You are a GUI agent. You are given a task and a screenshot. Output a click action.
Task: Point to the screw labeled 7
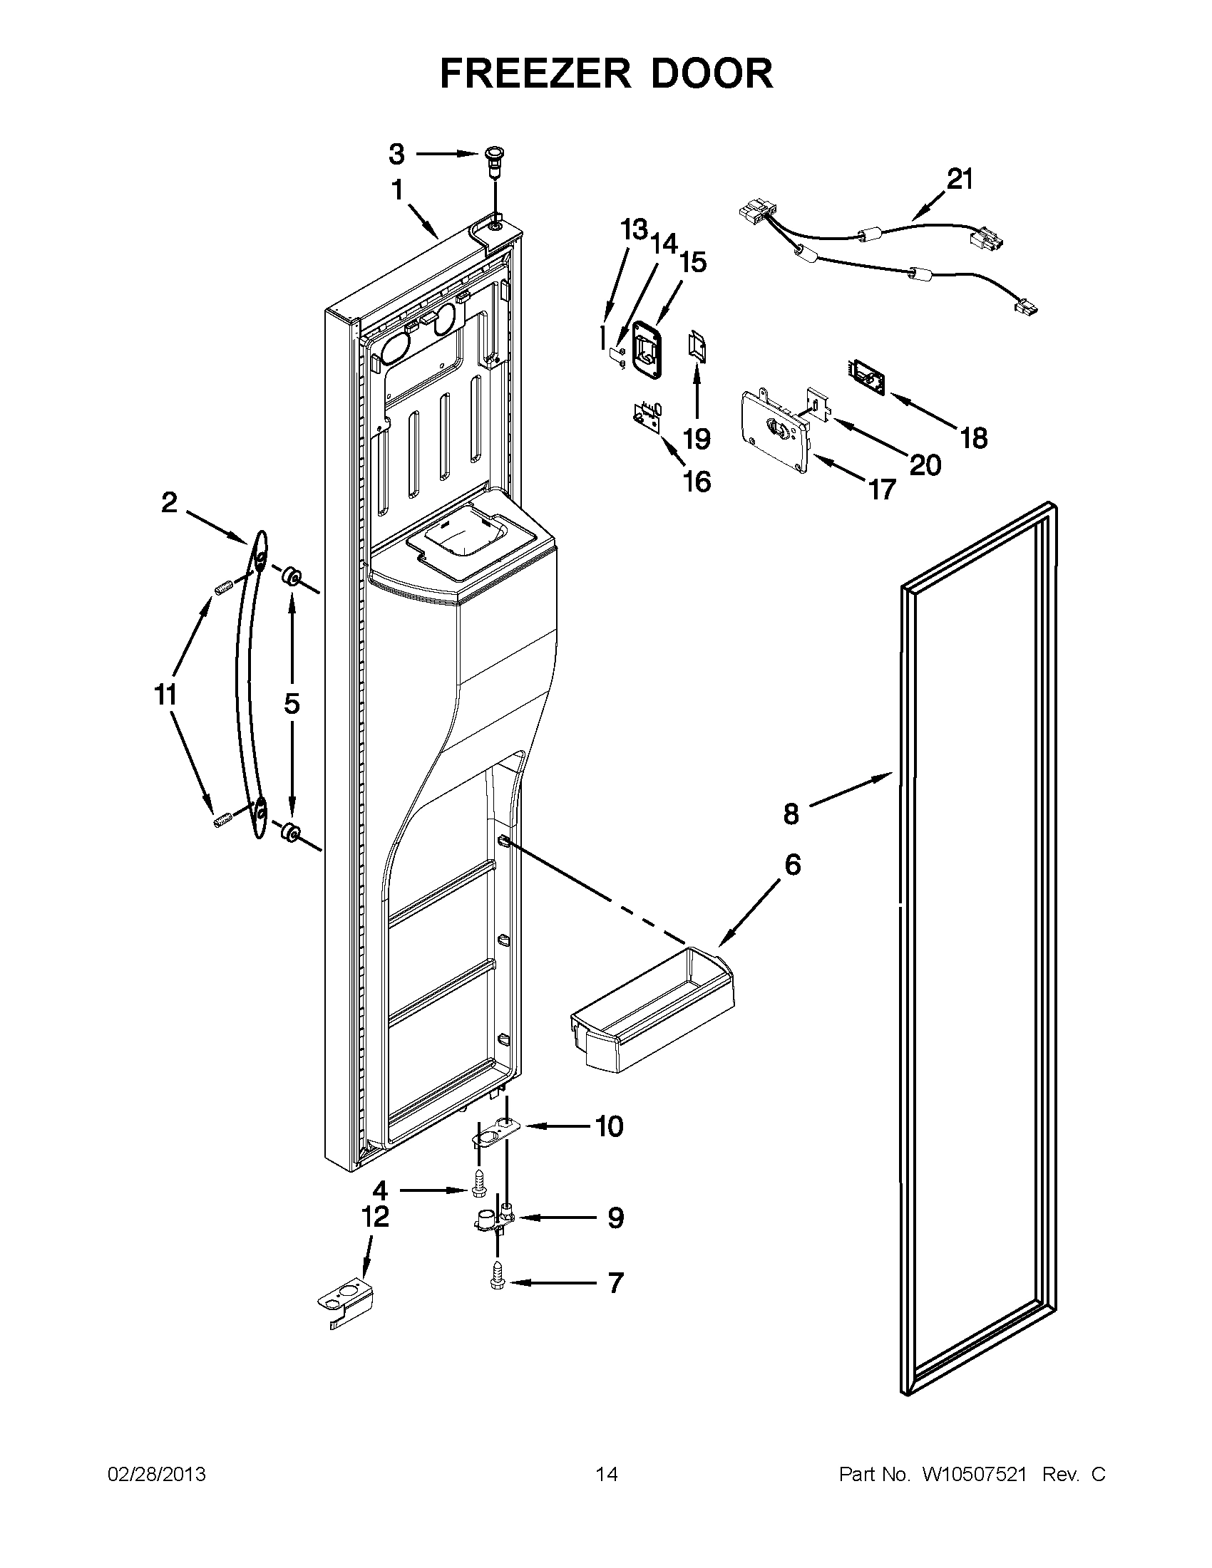497,1283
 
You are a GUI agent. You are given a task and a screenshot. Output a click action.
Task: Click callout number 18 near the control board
973,437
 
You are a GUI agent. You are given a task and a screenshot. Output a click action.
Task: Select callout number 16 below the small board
697,482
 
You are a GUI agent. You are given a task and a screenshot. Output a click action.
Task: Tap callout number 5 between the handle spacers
291,704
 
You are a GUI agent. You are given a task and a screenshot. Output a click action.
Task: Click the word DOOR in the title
712,73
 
